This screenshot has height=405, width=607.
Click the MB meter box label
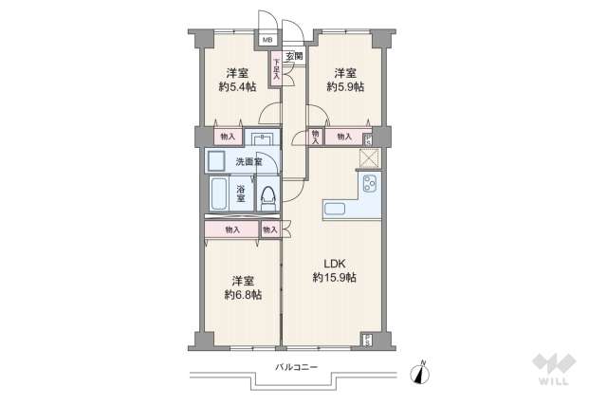click(267, 40)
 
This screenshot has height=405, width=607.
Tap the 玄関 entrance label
click(296, 57)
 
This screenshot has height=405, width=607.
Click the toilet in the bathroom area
click(268, 196)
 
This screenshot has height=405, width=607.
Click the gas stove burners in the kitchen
click(367, 182)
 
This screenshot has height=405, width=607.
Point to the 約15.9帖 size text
click(334, 277)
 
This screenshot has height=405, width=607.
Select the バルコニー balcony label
click(296, 366)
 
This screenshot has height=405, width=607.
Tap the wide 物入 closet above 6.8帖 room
click(231, 230)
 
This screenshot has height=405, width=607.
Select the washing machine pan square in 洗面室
click(216, 160)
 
